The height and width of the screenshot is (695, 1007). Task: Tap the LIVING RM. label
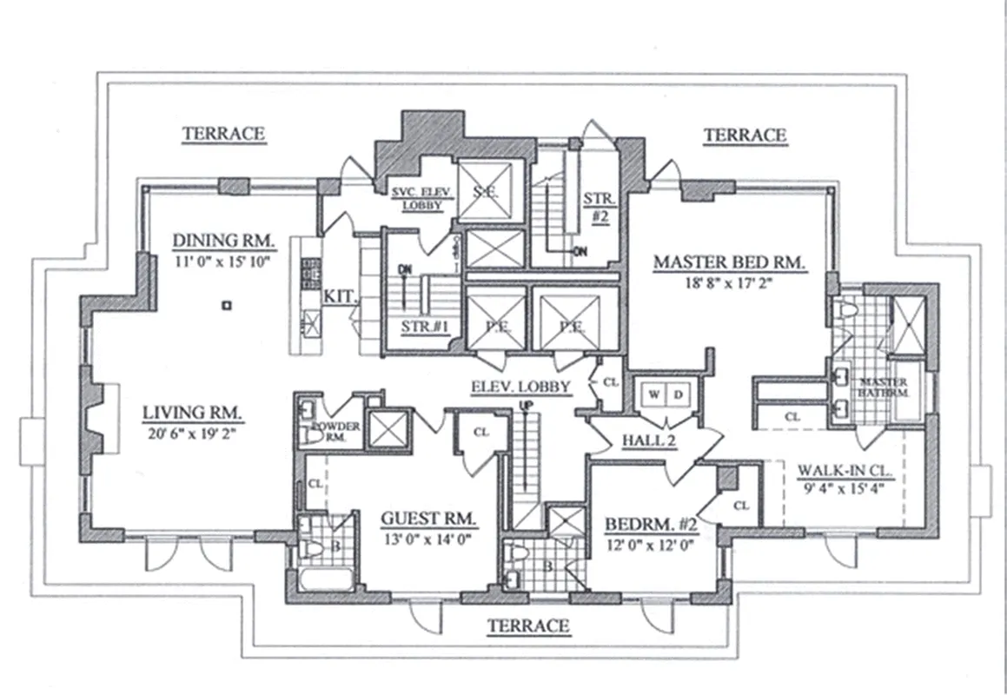pos(193,412)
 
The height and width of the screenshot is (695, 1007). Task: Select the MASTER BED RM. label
pos(730,261)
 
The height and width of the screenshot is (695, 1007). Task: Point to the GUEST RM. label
pos(429,519)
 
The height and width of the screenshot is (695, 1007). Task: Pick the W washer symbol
pos(653,393)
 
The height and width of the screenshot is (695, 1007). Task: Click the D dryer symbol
pos(678,393)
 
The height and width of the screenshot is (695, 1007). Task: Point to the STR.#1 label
pos(423,328)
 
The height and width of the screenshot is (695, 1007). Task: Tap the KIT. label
pos(339,296)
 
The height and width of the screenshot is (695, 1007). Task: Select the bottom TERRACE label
pos(528,625)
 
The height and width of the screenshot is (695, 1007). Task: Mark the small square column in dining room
pos(226,305)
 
